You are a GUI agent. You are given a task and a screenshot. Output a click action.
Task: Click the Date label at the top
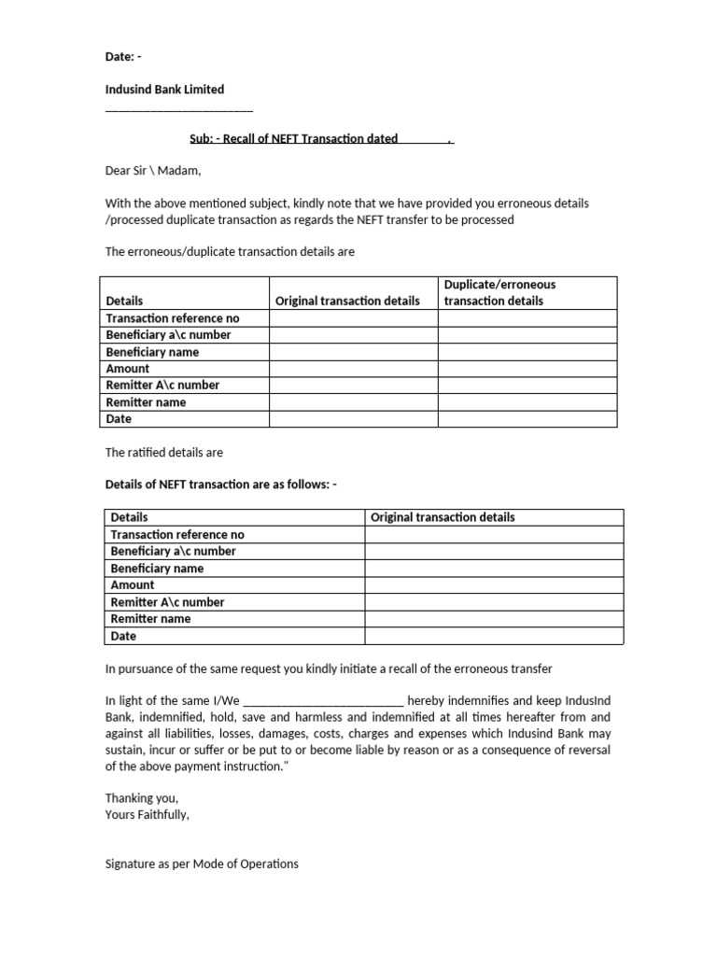(122, 56)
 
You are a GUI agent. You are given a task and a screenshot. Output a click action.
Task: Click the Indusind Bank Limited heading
(164, 90)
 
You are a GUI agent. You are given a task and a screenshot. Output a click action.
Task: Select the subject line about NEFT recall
(321, 139)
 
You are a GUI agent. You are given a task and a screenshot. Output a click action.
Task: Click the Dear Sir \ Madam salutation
(152, 171)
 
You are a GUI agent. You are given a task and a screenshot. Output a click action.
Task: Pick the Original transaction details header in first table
(347, 301)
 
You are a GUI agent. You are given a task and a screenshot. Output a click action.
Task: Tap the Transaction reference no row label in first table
(173, 318)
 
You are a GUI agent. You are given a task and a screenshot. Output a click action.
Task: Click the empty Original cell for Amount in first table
(353, 369)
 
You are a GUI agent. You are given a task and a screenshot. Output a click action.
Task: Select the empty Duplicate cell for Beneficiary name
(527, 352)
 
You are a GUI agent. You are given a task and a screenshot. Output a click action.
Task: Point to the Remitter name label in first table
(146, 402)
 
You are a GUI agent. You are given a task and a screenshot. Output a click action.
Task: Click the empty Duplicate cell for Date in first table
(527, 419)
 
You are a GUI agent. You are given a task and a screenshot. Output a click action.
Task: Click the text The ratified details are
(163, 453)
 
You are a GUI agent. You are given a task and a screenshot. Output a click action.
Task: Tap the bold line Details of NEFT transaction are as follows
(220, 485)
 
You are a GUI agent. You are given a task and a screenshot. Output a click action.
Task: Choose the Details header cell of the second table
(129, 517)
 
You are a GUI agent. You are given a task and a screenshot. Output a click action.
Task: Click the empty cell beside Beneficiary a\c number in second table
(494, 552)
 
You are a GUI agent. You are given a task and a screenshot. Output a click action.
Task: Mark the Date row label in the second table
(123, 636)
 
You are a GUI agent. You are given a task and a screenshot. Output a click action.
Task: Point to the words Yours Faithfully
(148, 815)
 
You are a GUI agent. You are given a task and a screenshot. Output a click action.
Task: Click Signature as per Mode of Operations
(202, 865)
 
